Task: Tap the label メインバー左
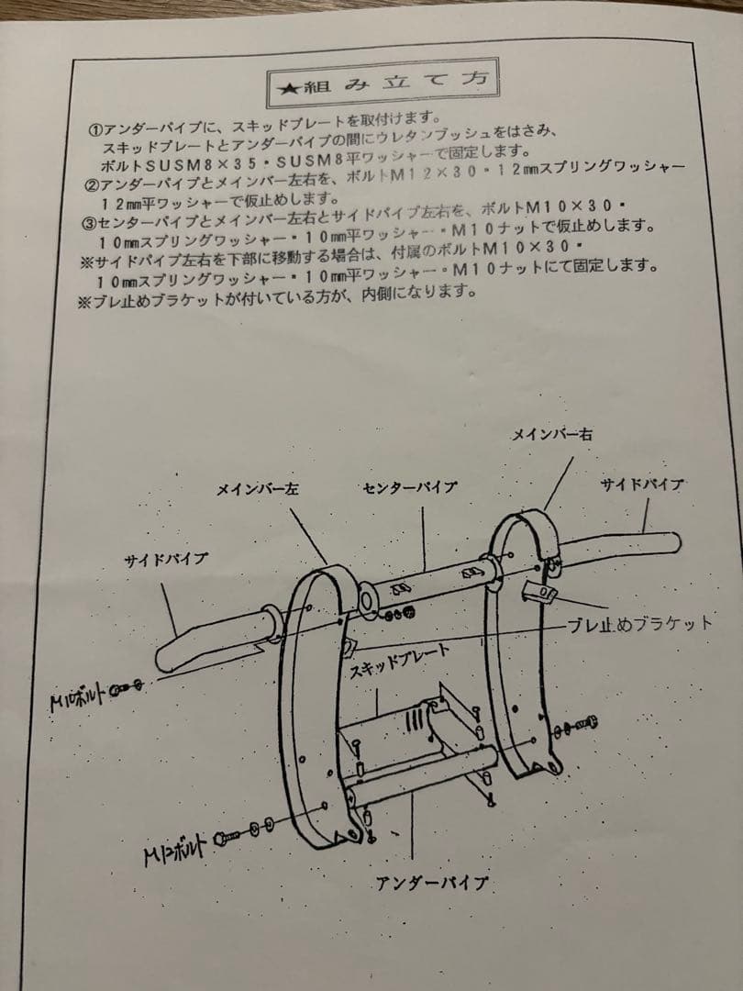click(258, 490)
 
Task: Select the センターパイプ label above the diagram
click(408, 487)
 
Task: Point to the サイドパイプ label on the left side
click(166, 559)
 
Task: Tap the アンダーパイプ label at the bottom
click(431, 885)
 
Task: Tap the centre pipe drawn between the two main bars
click(427, 584)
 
